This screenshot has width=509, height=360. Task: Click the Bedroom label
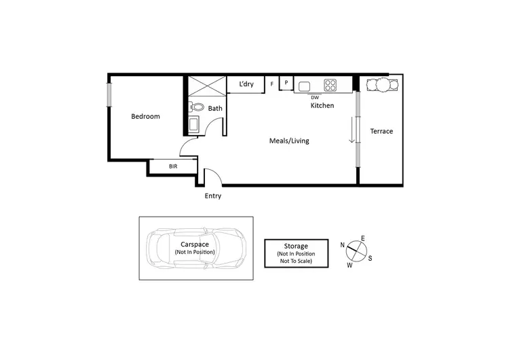(x=145, y=116)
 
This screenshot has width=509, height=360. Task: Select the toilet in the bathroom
(x=196, y=107)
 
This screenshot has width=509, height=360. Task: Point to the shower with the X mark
(x=206, y=86)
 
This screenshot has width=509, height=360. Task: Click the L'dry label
(x=245, y=84)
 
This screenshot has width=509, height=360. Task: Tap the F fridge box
(x=272, y=84)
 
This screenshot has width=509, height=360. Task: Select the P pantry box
(x=286, y=83)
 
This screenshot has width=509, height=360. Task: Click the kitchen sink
(x=304, y=86)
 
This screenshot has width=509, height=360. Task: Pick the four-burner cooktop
(x=331, y=85)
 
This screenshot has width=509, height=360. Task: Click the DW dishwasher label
(x=314, y=97)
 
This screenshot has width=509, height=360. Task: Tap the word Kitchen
(x=322, y=106)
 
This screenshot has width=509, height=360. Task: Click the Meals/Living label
(x=289, y=141)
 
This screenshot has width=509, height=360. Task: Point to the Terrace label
(x=381, y=131)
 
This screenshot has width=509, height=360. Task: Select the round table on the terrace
(x=380, y=85)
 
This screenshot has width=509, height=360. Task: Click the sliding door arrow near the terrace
(x=352, y=130)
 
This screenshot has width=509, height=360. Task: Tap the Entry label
(x=213, y=196)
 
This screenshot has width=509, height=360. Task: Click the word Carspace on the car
(x=194, y=244)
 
